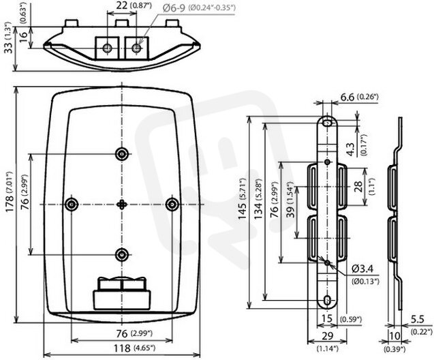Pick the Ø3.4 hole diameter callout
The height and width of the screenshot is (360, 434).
(x=362, y=269)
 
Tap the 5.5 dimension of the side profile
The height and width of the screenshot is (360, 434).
(x=418, y=319)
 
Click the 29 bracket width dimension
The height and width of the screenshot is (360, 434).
(x=328, y=336)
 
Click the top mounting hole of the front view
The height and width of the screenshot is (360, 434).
(x=122, y=154)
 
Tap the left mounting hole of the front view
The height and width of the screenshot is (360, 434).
(x=72, y=205)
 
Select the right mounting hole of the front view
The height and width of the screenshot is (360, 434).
(x=172, y=205)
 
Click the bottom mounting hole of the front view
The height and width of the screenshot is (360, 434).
(x=122, y=255)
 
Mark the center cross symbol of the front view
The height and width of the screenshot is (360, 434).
(x=122, y=205)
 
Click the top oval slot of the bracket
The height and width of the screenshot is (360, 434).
(x=328, y=123)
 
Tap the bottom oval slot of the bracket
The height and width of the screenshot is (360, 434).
(x=328, y=300)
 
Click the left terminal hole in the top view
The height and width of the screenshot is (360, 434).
(x=107, y=48)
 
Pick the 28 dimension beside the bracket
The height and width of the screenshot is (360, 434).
(x=358, y=186)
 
